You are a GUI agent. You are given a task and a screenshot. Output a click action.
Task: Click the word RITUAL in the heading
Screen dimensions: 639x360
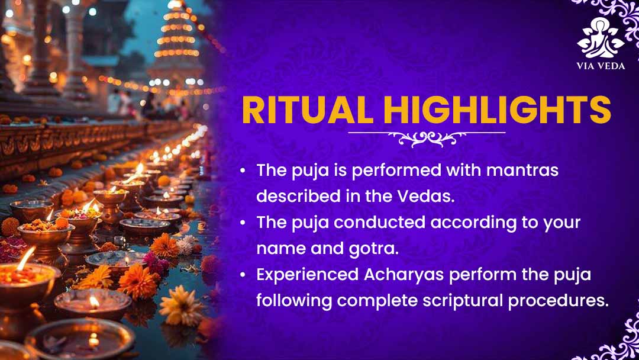tap(308, 110)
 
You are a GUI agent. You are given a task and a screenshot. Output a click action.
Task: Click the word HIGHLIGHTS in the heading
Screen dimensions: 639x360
tap(497, 110)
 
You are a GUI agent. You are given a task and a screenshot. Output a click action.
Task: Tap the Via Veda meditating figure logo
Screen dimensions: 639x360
tap(601, 37)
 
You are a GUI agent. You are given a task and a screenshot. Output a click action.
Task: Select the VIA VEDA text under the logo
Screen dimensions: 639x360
tap(601, 66)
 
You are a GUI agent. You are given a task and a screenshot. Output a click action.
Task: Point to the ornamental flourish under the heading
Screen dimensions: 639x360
tap(427, 139)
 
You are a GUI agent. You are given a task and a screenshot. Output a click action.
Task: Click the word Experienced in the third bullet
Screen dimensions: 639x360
tap(307, 275)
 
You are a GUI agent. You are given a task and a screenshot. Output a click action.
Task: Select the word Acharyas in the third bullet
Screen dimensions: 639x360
tap(404, 275)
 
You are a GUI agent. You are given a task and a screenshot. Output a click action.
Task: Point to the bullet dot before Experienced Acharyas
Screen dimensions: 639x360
tap(243, 275)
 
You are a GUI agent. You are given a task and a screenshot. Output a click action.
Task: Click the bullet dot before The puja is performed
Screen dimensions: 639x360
tap(243, 171)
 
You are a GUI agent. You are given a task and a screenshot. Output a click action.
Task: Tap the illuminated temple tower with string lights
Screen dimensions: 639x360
tap(177, 41)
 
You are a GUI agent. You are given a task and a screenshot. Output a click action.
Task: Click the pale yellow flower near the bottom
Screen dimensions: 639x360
tap(181, 306)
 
